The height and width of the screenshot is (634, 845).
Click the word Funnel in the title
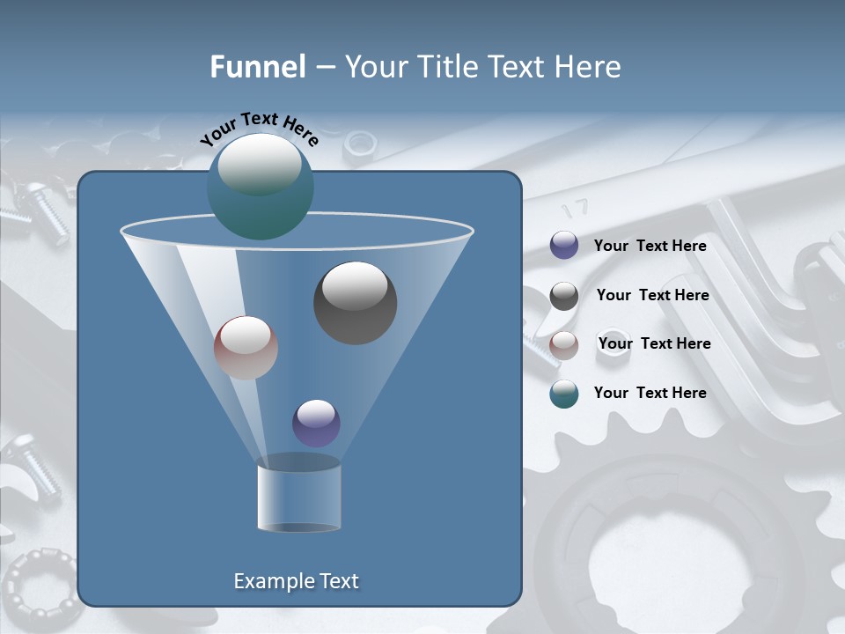[258, 67]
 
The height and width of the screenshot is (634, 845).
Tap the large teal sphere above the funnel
[260, 187]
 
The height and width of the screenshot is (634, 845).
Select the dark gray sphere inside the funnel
[355, 303]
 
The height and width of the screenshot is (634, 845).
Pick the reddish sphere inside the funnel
[246, 348]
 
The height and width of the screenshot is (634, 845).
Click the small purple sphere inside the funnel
[316, 423]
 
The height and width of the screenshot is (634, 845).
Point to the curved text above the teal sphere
[260, 129]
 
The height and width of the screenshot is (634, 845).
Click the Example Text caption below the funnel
[296, 581]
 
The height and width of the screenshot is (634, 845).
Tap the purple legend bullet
[564, 246]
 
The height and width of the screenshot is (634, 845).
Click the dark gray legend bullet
[564, 296]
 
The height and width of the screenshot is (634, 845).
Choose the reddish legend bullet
[564, 345]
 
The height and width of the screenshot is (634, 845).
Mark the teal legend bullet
[564, 394]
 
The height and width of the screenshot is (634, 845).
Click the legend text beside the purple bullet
[650, 247]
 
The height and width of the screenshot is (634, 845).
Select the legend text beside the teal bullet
[650, 393]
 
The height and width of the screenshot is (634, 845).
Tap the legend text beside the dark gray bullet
[652, 295]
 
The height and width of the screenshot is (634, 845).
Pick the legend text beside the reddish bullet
[654, 343]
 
